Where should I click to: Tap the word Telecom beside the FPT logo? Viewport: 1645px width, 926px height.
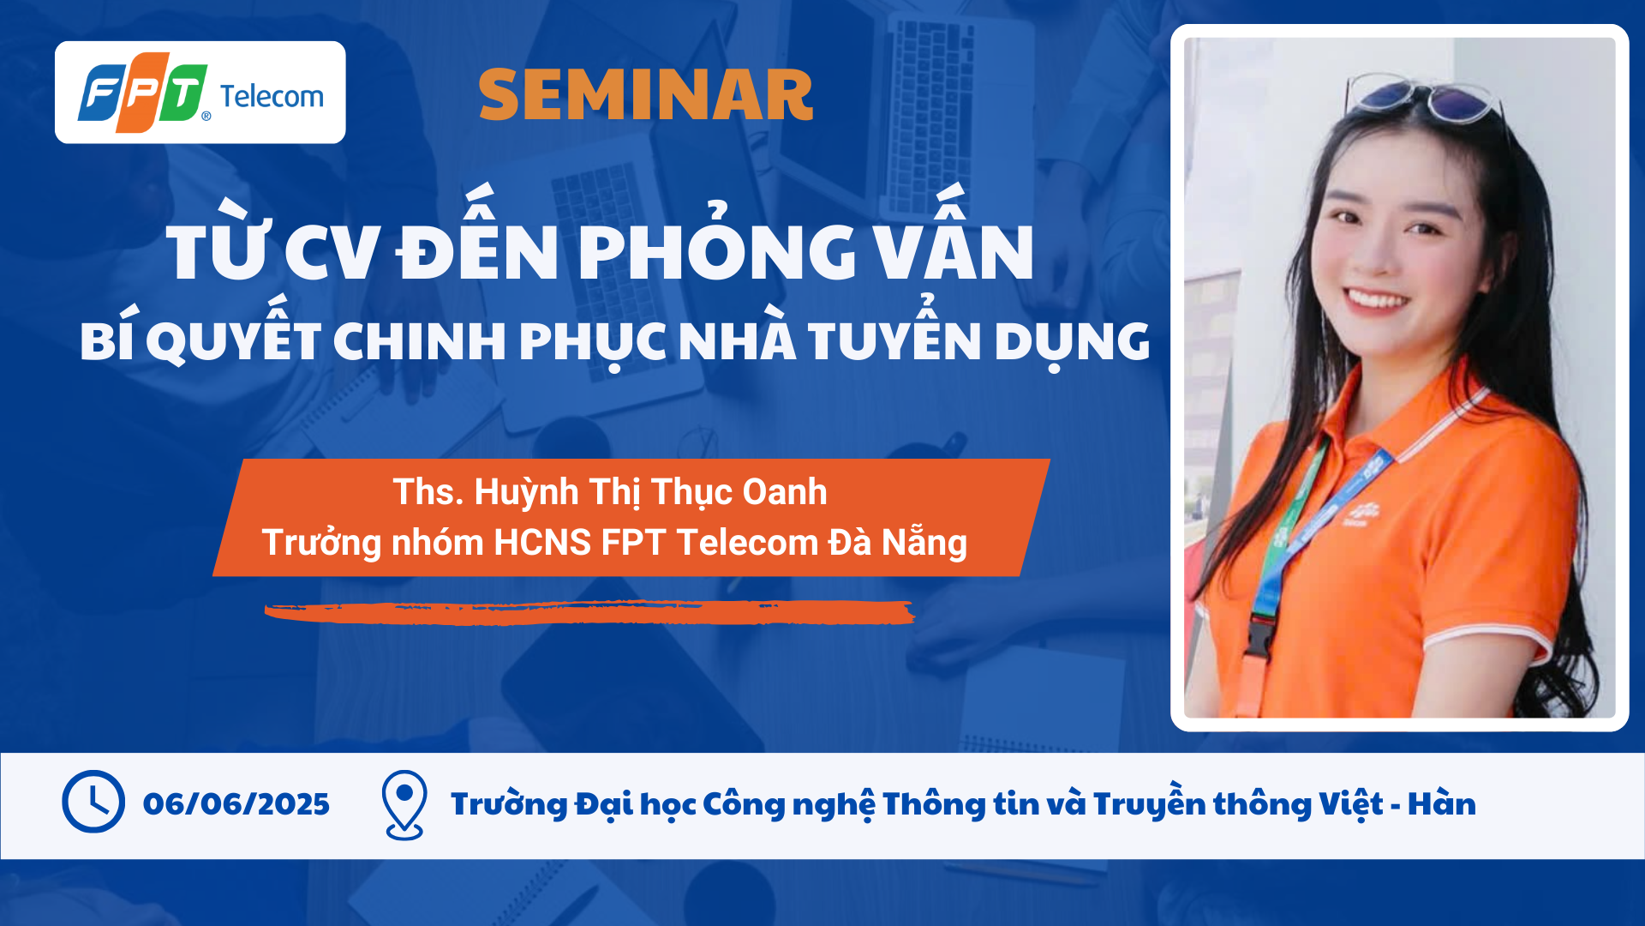coord(272,96)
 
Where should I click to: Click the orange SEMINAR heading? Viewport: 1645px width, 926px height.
coord(645,95)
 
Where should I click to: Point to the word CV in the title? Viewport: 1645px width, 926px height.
coord(332,253)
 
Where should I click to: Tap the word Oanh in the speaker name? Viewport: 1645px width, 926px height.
coord(784,492)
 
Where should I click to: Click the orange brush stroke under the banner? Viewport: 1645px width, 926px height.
coord(589,612)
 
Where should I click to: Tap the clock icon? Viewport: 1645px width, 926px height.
coord(93,802)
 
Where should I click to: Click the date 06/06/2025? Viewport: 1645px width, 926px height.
coord(236,804)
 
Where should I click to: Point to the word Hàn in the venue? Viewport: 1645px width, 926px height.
coord(1442,803)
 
